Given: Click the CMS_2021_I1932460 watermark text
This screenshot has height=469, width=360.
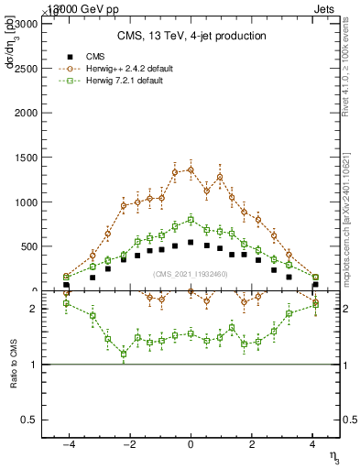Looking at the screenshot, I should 190,274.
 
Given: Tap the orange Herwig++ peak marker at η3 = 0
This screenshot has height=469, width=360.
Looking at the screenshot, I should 191,169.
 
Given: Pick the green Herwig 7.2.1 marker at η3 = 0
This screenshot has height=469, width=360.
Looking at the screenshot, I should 191,220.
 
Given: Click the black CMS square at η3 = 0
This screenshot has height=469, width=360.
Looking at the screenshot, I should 191,243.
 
